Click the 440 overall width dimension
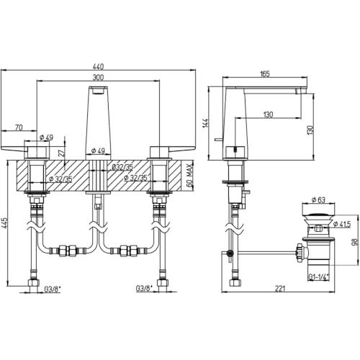pos(98,66)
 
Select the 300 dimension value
pos(98,77)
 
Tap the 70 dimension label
pos(19,127)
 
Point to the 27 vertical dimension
pos(62,153)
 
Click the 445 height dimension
pos(5,223)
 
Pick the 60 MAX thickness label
pos(189,176)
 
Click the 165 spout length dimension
pos(265,74)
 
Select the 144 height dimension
pos(206,123)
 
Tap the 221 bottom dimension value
pos(280,289)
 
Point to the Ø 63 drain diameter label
pos(318,199)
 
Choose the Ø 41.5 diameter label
pos(342,224)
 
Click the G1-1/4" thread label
pos(318,277)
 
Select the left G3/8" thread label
pos(53,289)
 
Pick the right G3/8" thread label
pos(144,288)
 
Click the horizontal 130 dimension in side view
pos(268,114)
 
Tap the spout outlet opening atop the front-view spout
pos(99,91)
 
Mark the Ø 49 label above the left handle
pos(46,138)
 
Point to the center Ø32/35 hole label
pos(122,167)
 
